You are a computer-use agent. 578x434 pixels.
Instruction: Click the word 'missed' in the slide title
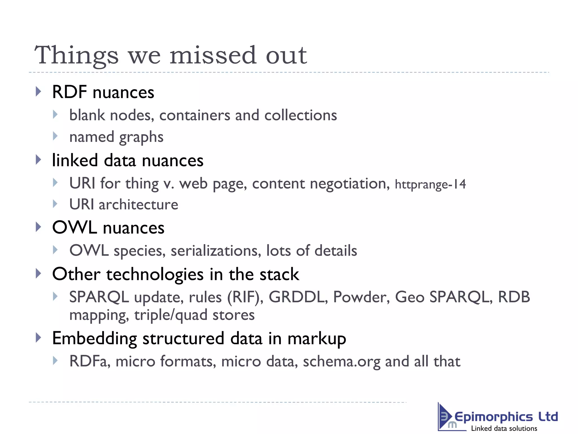click(213, 55)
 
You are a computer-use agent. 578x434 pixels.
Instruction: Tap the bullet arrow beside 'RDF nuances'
click(39, 92)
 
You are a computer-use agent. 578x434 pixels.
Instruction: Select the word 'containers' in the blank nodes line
click(195, 115)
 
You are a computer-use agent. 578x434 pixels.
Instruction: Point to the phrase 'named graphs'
click(116, 137)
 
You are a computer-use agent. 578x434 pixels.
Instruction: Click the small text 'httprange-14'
click(430, 184)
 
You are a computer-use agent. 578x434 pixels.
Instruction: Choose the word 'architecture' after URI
click(138, 205)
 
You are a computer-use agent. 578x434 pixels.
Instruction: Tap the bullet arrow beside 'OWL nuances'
click(39, 227)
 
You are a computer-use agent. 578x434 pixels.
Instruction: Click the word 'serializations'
click(216, 251)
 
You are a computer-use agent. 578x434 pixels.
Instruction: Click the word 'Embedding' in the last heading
click(95, 338)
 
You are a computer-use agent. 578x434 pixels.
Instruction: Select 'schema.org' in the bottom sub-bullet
click(341, 362)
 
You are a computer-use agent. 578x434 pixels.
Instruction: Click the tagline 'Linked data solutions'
click(504, 428)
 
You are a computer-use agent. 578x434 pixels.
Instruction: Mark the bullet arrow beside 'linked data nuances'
click(39, 160)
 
